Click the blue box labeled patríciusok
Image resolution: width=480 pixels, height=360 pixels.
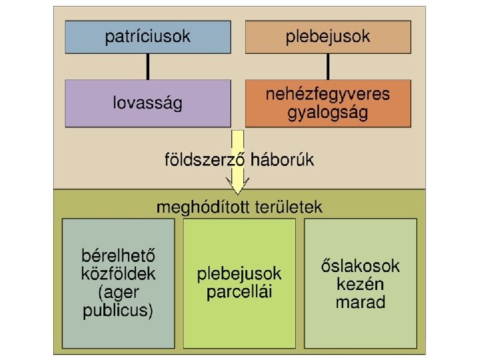point(147,37)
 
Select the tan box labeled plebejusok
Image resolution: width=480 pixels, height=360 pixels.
point(328,37)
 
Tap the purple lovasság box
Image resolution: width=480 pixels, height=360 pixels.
point(147,103)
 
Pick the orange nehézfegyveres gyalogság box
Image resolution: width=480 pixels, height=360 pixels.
point(328,103)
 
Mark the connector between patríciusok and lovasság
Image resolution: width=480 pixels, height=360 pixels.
point(147,67)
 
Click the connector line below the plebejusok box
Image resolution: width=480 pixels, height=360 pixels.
point(328,67)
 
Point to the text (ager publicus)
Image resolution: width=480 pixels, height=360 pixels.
point(118,301)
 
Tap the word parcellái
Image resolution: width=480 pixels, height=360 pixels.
point(239,292)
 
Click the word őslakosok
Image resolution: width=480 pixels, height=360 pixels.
point(361,266)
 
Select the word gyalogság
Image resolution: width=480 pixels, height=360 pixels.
point(328,113)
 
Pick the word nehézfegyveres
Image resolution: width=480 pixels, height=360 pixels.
point(328,94)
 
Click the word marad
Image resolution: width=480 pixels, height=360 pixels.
point(361,302)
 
